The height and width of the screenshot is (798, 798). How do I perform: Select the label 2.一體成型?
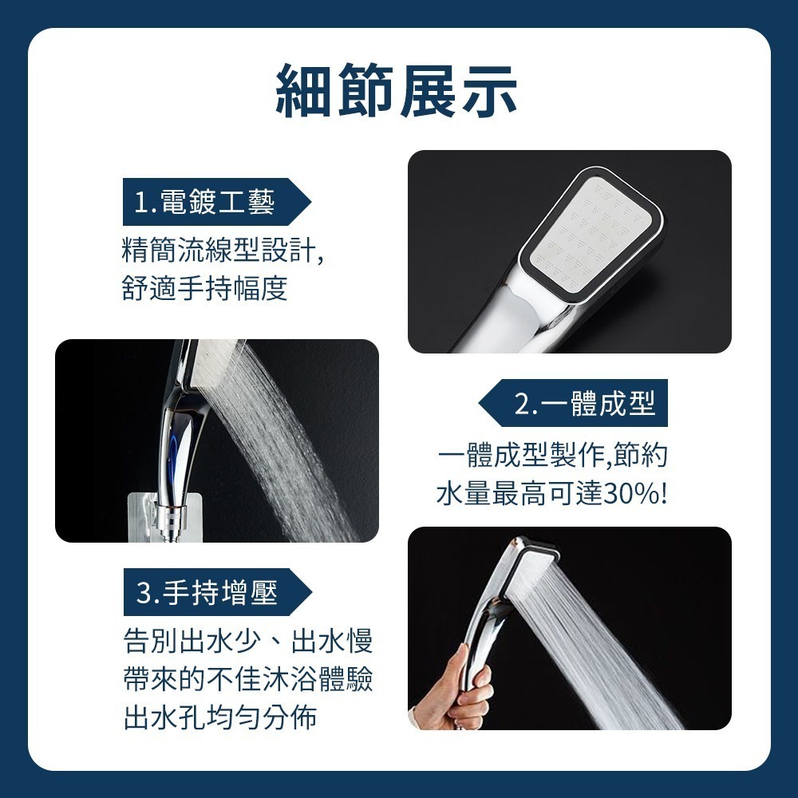(x=585, y=405)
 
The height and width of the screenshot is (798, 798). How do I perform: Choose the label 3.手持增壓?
(x=207, y=593)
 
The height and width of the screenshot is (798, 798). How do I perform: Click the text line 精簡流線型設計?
(x=223, y=250)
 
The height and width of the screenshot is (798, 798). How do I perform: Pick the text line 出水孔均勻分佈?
(x=220, y=717)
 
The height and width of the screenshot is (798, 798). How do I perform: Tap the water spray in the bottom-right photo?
(x=606, y=654)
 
